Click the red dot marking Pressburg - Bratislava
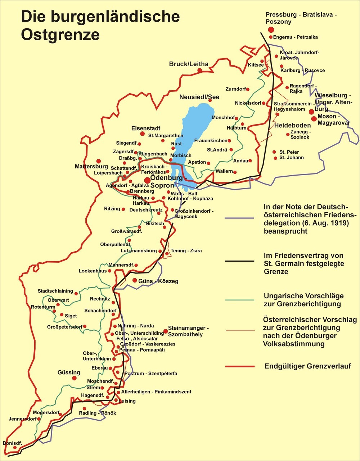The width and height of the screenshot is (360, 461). point(271,30)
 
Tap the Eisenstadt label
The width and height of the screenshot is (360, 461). point(145,128)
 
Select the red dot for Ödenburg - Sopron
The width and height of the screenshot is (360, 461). point(147,180)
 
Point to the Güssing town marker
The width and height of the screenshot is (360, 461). point(75,378)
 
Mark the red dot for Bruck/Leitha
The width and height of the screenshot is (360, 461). point(200,71)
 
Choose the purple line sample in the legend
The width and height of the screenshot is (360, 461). point(240,218)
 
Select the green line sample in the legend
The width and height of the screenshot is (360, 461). point(240,300)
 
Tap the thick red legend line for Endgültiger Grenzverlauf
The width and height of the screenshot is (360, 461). point(240,366)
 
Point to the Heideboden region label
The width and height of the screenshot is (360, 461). point(292,126)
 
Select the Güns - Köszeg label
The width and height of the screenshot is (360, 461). point(158,281)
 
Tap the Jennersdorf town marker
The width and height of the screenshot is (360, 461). point(39,419)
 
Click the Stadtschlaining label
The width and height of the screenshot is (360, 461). point(55,291)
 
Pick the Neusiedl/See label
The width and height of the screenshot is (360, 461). point(199,97)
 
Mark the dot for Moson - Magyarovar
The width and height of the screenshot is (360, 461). point(314,119)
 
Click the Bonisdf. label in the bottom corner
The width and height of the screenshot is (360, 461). point(12,443)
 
